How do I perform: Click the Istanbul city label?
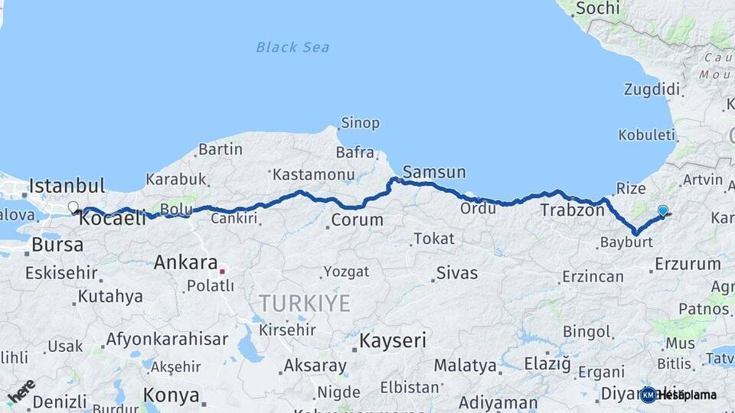(x=67, y=185)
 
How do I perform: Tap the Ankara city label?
(x=185, y=262)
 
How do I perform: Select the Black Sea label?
(x=292, y=47)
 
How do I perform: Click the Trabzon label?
(x=572, y=210)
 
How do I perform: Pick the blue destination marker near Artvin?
(x=662, y=210)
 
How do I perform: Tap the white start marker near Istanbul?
(x=73, y=206)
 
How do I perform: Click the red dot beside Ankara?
(x=222, y=271)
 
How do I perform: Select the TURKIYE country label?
(x=304, y=304)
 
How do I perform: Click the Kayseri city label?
(x=393, y=340)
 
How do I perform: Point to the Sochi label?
(x=596, y=8)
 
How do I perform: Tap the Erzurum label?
(x=688, y=264)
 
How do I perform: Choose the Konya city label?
(x=171, y=396)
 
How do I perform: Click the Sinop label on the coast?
(x=359, y=123)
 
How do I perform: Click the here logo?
(x=21, y=391)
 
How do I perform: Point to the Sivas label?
(x=456, y=272)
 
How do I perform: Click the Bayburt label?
(x=626, y=242)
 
